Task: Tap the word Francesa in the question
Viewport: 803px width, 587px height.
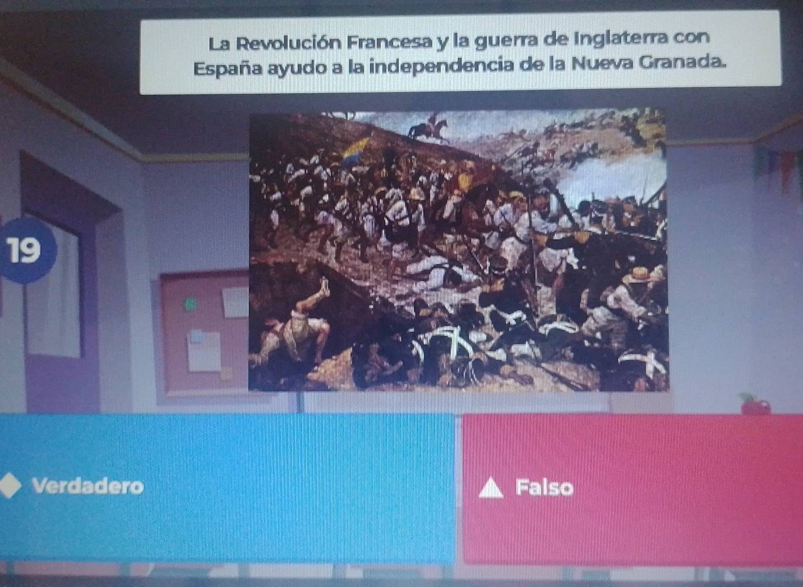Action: tap(389, 42)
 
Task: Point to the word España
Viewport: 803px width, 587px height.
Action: tap(229, 69)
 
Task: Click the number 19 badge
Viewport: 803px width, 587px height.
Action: tap(26, 250)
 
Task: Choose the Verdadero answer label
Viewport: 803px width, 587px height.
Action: tap(88, 486)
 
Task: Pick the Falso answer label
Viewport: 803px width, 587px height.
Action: tap(544, 487)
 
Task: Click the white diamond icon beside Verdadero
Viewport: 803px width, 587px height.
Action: tap(9, 485)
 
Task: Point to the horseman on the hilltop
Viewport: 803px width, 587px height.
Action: tap(428, 128)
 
